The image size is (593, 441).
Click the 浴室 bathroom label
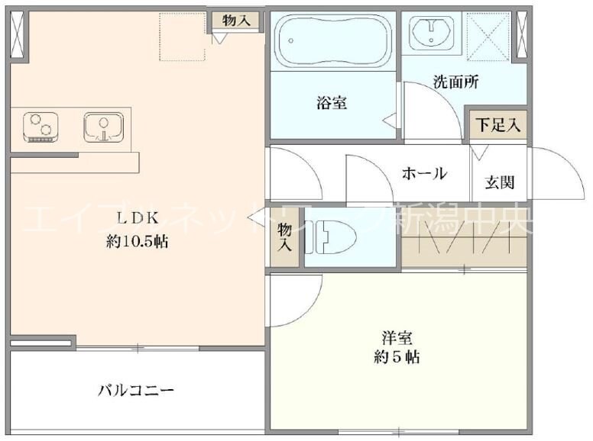(x=332, y=103)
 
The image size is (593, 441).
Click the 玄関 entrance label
(x=499, y=182)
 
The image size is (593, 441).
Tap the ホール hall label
(x=424, y=174)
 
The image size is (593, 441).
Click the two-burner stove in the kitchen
(x=41, y=127)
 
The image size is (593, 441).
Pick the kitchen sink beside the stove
(x=102, y=127)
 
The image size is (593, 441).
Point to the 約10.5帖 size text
(x=137, y=242)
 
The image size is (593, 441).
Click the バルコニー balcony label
(x=136, y=391)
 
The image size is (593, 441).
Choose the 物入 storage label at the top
(x=236, y=21)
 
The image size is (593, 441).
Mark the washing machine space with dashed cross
(x=488, y=35)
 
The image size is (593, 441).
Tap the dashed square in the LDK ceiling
(x=183, y=36)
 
